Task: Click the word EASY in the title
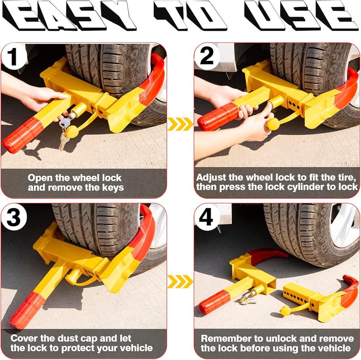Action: (69, 16)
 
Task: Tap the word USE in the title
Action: (301, 15)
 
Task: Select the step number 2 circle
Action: (207, 57)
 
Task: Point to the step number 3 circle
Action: (14, 217)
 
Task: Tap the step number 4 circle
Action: (207, 217)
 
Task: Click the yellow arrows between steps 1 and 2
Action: (180, 124)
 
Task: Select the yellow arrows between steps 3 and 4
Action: (180, 281)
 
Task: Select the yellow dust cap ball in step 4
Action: (286, 311)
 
